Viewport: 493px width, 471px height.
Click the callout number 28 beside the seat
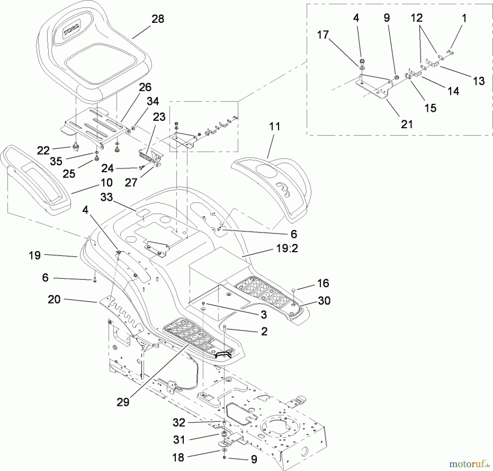tap(158, 19)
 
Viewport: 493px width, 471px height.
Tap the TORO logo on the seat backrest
tap(72, 29)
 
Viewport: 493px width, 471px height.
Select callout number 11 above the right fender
tap(274, 127)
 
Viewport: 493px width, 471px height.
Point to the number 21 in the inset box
tap(407, 124)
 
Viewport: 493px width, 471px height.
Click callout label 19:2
tap(287, 249)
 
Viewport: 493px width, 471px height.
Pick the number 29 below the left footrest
tap(123, 402)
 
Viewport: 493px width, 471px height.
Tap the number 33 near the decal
tap(107, 197)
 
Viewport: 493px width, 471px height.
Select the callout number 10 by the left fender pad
tap(107, 183)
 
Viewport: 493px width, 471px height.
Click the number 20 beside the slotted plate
tap(54, 299)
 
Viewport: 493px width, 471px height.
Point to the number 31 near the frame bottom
tap(179, 440)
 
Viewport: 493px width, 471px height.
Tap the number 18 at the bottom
tap(178, 457)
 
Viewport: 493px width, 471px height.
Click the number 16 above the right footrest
tap(323, 283)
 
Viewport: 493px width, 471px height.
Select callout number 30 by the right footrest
tap(324, 301)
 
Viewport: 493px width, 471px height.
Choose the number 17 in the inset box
tap(323, 35)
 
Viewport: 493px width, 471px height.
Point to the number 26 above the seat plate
tap(145, 87)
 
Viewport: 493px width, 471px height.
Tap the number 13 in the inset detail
tap(479, 81)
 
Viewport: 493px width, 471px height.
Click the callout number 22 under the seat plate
tap(43, 151)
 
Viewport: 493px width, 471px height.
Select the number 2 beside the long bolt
tap(264, 331)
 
